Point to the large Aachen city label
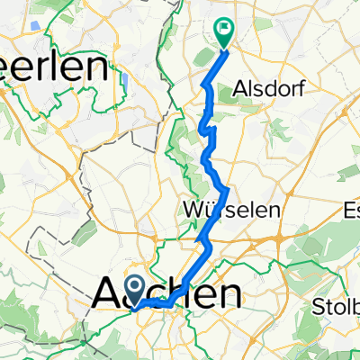point(168,294)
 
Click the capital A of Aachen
point(107,294)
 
